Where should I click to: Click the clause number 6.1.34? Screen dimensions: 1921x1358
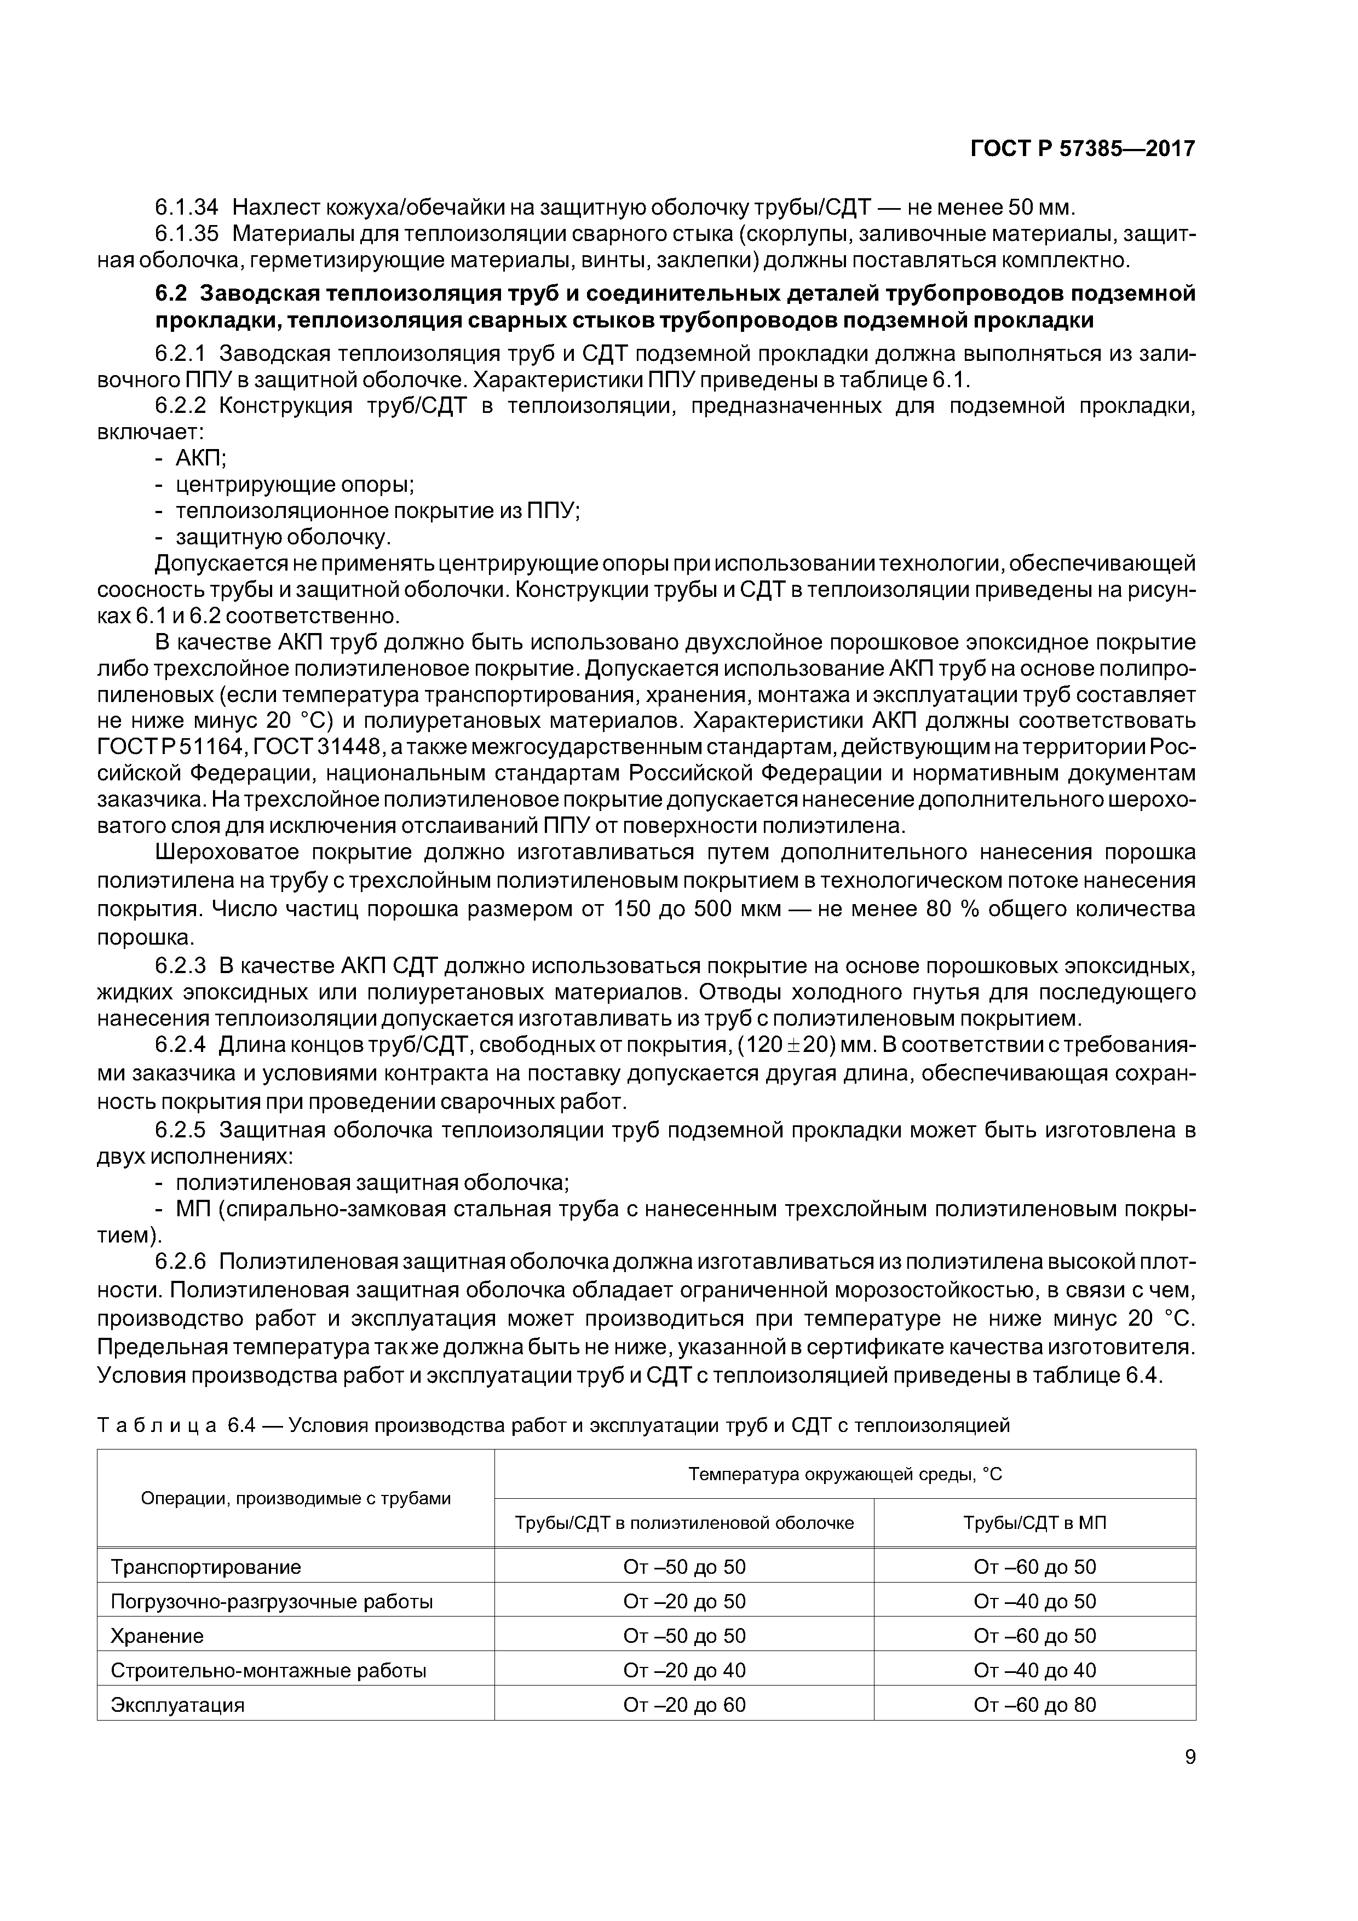pos(187,206)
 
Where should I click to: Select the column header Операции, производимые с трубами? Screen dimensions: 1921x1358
pos(295,1498)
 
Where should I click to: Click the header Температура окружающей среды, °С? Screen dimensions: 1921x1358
pos(844,1474)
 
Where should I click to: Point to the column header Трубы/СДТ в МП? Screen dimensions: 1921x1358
pos(1034,1523)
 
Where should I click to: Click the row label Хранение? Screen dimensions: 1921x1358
pos(157,1636)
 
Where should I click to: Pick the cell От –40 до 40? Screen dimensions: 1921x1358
pos(1034,1670)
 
